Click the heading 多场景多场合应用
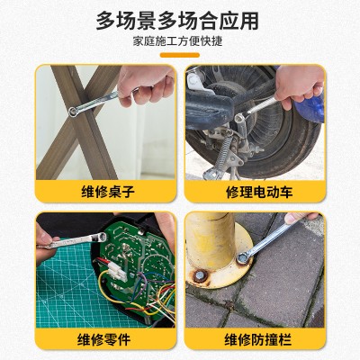pyautogui.click(x=177, y=21)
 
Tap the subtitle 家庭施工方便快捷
pyautogui.click(x=178, y=41)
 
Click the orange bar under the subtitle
pyautogui.click(x=180, y=55)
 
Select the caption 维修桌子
pyautogui.click(x=108, y=192)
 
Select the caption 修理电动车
pyautogui.click(x=259, y=192)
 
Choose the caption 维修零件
pyautogui.click(x=103, y=339)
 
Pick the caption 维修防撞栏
pyautogui.click(x=258, y=339)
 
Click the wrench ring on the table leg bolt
pyautogui.click(x=73, y=112)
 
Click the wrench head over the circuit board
pyautogui.click(x=101, y=238)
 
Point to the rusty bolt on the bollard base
pyautogui.click(x=200, y=275)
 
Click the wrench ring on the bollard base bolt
pyautogui.click(x=243, y=258)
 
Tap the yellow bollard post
pyautogui.click(x=210, y=240)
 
